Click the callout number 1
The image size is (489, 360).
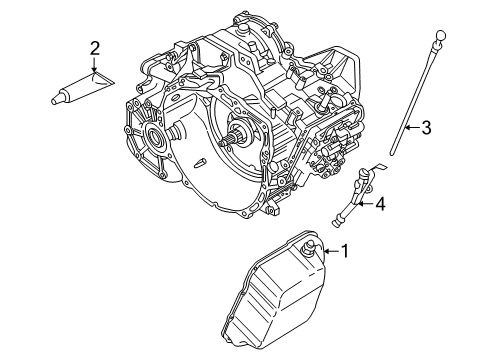click(x=346, y=252)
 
